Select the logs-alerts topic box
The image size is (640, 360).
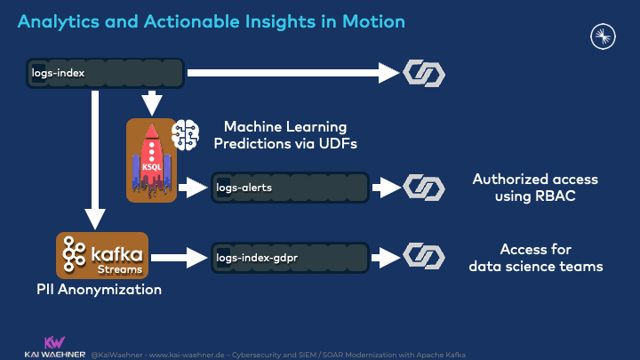click(290, 188)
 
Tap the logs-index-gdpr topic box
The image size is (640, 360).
click(290, 258)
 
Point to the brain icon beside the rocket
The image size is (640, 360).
click(188, 134)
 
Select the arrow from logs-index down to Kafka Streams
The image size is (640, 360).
click(94, 160)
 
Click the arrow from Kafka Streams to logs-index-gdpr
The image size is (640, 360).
click(177, 258)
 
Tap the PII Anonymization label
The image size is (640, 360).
click(99, 290)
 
